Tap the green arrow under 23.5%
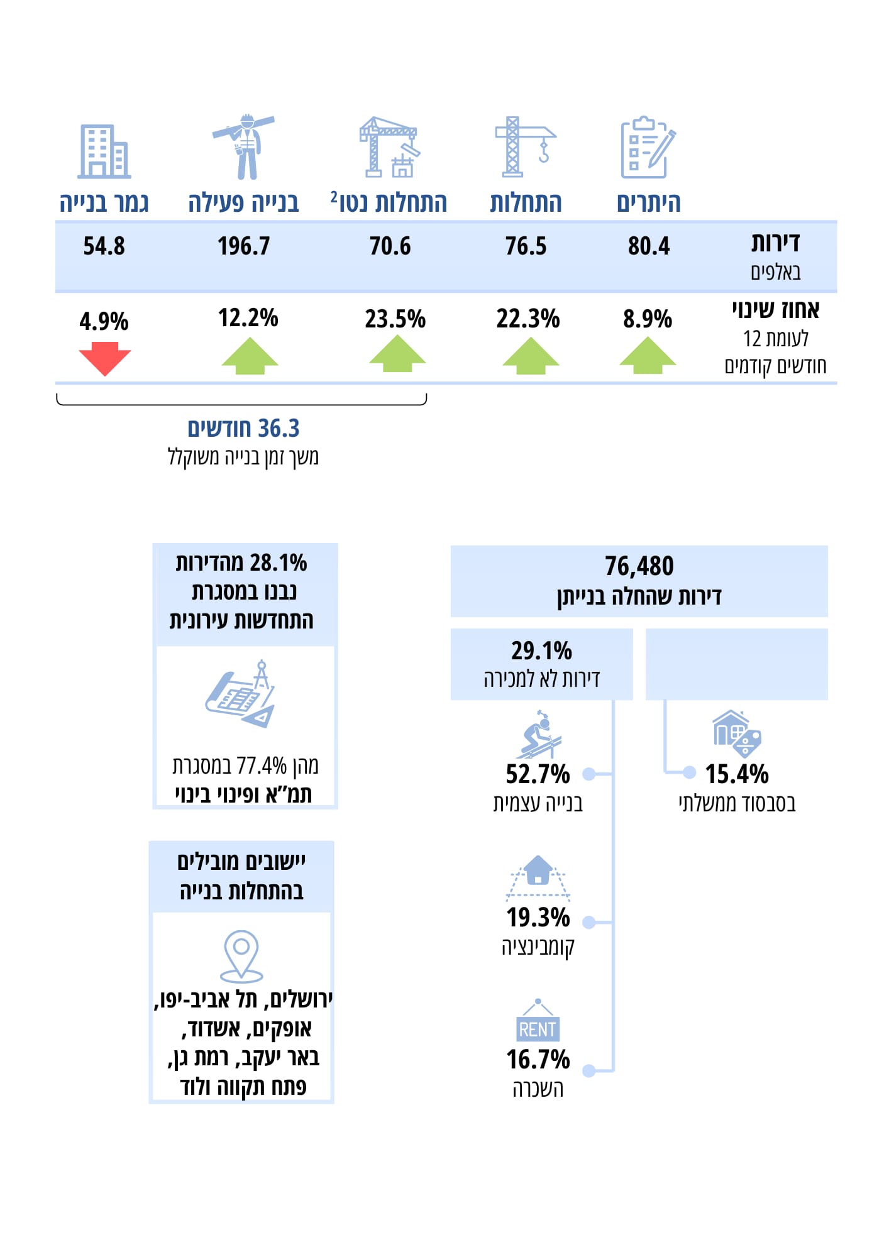397,354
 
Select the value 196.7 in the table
243,246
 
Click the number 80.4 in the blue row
648,246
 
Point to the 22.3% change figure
527,319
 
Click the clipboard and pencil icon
647,148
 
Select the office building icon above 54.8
104,151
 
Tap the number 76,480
639,566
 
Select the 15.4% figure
736,774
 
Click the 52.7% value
538,774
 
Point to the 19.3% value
538,918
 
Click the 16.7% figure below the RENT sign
538,1060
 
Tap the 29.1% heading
541,651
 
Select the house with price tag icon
736,733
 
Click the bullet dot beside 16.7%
588,1070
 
